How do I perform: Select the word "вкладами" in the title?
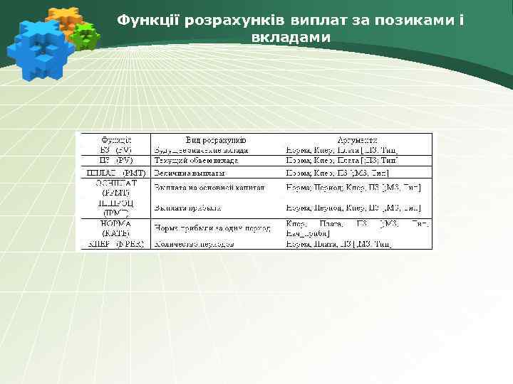tap(291, 36)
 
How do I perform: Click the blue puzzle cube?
tap(38, 46)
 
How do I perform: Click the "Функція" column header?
tap(114, 140)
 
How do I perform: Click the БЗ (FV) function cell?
tap(114, 150)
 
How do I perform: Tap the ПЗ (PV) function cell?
tap(114, 161)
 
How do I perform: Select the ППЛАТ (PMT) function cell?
tap(114, 172)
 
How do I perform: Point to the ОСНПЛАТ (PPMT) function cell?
tap(114, 188)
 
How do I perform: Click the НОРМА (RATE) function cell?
tap(114, 228)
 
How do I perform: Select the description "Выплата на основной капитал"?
tap(209, 188)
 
